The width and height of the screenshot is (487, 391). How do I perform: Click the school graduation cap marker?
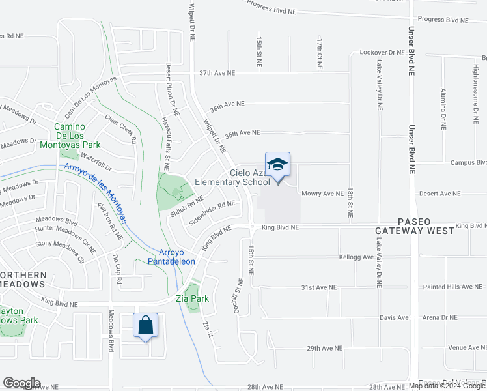click(x=277, y=166)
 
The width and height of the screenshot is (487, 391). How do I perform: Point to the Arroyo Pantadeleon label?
click(x=177, y=257)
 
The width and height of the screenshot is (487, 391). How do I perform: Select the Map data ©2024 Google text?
click(x=447, y=386)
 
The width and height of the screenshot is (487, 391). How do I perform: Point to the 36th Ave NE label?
click(x=227, y=104)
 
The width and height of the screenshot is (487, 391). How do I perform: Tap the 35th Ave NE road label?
click(x=242, y=134)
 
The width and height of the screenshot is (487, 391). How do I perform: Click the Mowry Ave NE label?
click(x=322, y=194)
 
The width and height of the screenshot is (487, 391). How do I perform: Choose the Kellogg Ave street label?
click(x=356, y=257)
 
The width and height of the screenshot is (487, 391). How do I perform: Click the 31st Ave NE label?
click(x=318, y=287)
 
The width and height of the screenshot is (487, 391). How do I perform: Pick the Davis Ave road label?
click(x=394, y=318)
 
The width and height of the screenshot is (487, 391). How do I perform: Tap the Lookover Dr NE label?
click(x=382, y=52)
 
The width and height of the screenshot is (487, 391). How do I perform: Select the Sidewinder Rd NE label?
click(x=212, y=213)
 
